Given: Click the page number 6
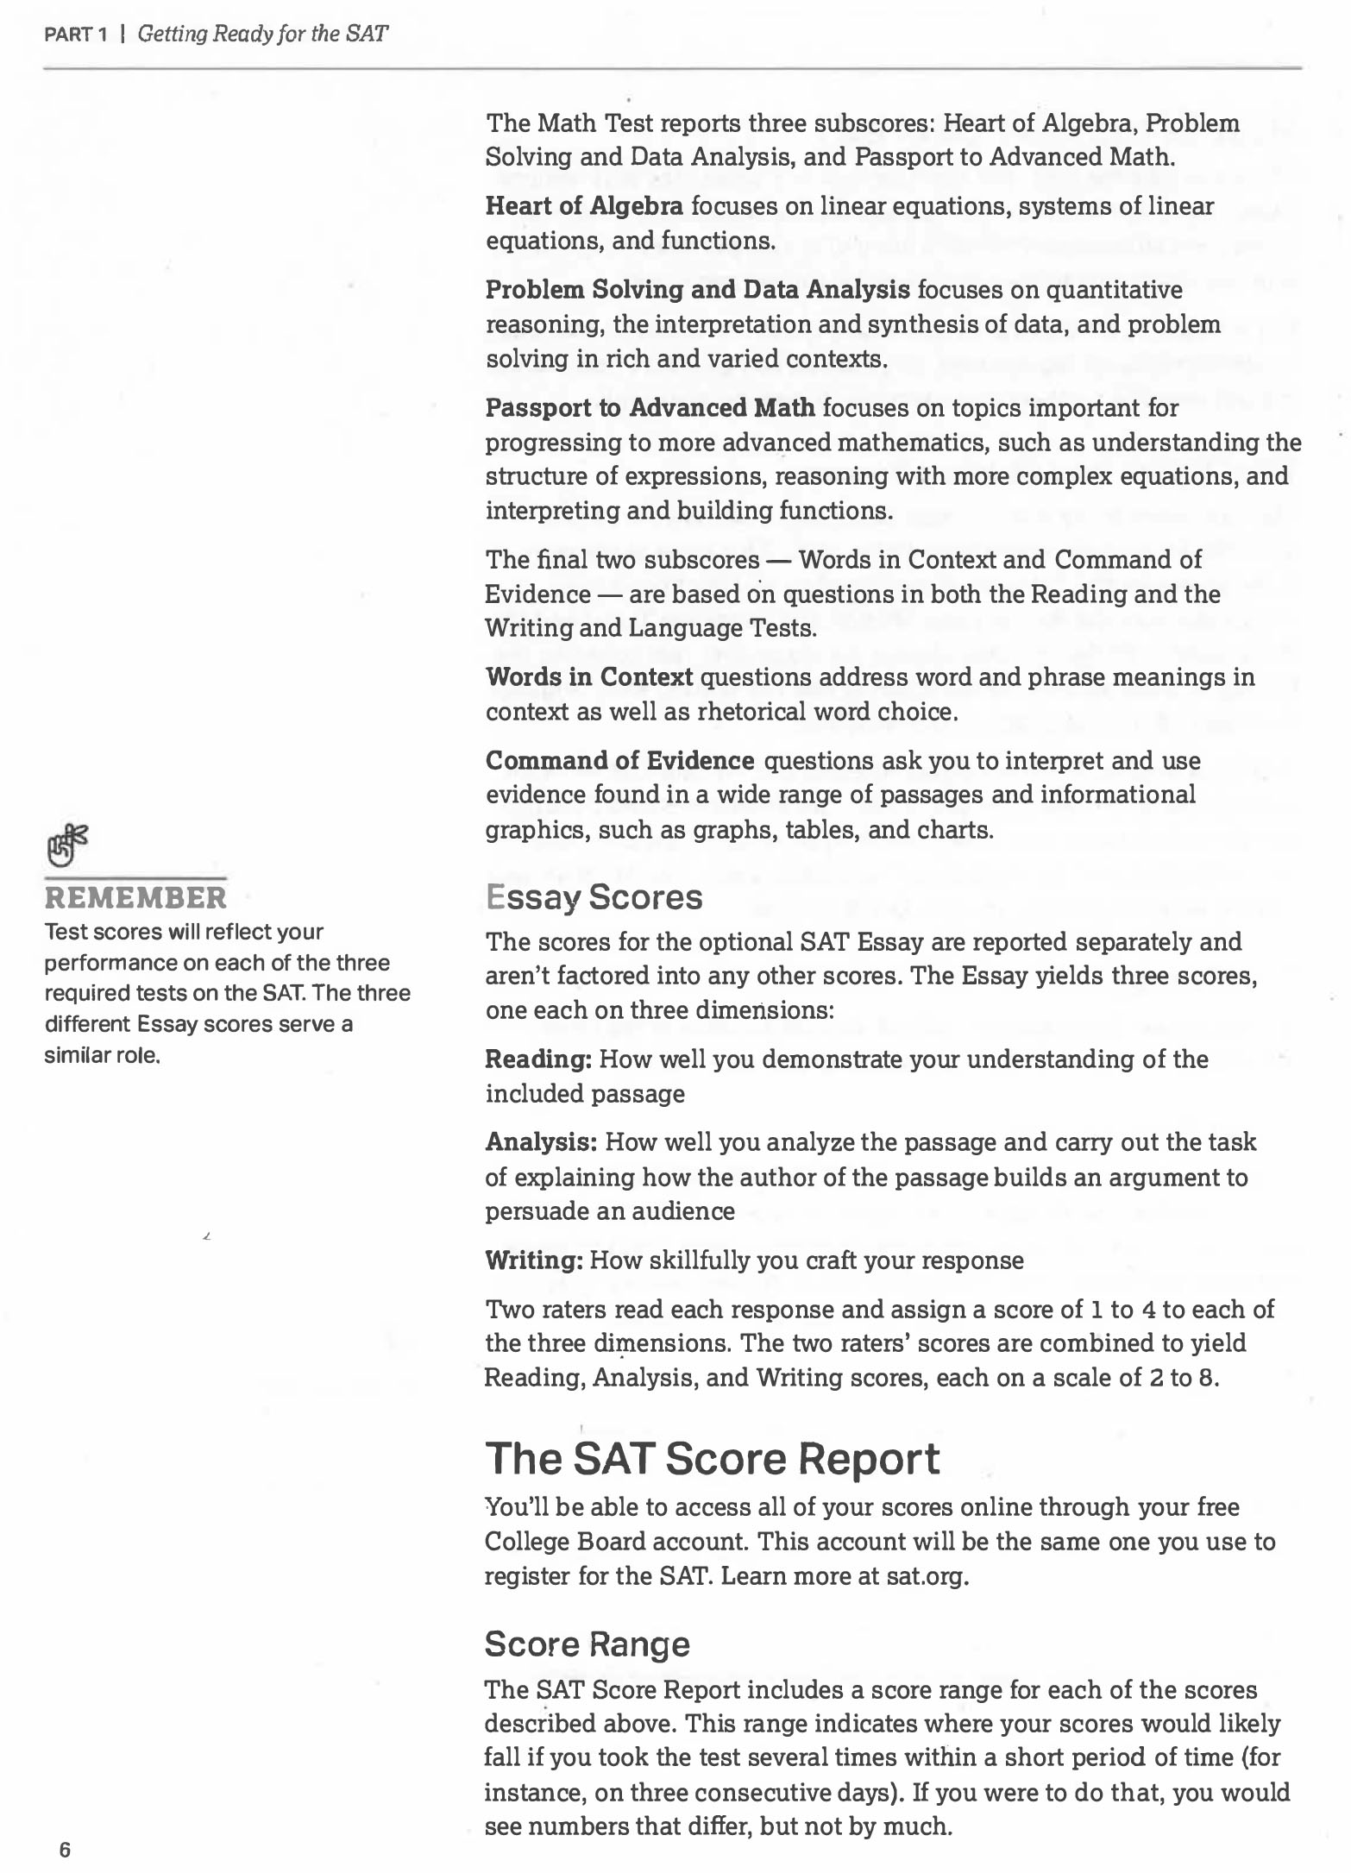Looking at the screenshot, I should tap(65, 1850).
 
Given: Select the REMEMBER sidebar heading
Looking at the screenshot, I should tap(135, 898).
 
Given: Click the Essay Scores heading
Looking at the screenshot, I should tap(594, 897).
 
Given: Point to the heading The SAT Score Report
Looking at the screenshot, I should tap(712, 1459).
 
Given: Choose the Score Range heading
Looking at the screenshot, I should tap(587, 1644).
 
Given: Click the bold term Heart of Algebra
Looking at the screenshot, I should tap(584, 206).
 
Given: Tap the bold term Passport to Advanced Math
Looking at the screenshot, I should tap(650, 407).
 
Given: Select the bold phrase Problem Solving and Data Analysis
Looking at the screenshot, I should tap(697, 290).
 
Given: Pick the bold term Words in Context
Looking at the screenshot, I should tap(589, 677).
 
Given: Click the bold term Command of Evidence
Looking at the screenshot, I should tap(619, 761).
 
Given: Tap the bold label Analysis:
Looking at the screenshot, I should tap(541, 1142).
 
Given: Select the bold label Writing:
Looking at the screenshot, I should tap(535, 1260).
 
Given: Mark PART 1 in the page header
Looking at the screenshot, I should tap(75, 35).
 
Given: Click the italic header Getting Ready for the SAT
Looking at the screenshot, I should tap(263, 35).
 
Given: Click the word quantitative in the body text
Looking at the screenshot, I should tap(1114, 290).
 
